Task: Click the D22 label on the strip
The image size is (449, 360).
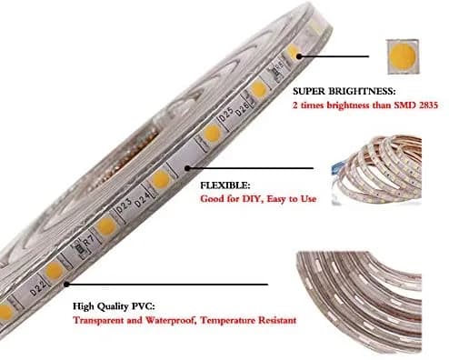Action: tap(38, 289)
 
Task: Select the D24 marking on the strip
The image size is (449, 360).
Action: tap(142, 200)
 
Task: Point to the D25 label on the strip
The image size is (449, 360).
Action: tap(226, 115)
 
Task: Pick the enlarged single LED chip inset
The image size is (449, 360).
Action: tap(403, 56)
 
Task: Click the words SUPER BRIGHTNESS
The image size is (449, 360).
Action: tap(344, 91)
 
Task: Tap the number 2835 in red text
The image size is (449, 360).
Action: tap(427, 105)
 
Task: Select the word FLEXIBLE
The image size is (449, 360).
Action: tap(225, 185)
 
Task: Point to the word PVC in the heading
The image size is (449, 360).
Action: tap(143, 306)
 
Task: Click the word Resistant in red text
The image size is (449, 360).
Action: tap(275, 320)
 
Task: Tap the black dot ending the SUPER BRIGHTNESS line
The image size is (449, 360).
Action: tap(299, 56)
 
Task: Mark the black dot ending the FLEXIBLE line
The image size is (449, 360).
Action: tap(187, 168)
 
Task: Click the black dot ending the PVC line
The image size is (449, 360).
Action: tap(66, 285)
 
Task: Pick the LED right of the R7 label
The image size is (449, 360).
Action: tap(106, 226)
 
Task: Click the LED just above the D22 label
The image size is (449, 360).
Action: tap(55, 270)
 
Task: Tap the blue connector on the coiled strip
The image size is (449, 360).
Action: tap(337, 167)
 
